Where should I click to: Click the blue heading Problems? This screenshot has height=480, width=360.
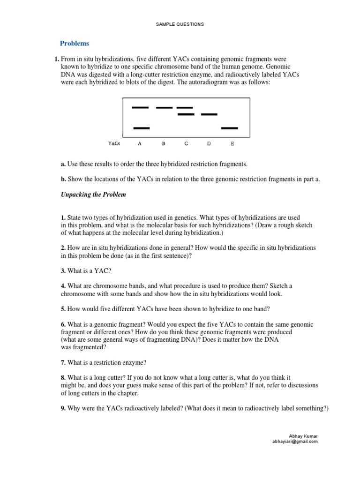pos(74,44)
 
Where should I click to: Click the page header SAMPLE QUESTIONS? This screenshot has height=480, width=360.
pos(180,24)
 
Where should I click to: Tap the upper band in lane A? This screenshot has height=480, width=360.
pos(140,107)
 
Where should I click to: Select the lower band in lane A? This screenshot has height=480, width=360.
pos(142,128)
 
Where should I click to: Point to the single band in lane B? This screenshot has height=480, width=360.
pos(164,107)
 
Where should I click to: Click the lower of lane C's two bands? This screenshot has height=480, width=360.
pos(186,114)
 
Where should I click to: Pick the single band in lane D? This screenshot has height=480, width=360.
pos(209,114)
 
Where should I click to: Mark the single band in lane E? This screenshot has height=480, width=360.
pos(230,128)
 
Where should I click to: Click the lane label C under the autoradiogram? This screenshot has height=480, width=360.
pos(186,144)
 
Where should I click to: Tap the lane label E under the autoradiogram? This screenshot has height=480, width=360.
pos(232,144)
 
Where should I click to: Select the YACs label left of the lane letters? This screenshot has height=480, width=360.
pos(114,144)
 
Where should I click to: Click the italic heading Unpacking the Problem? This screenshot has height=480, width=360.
pos(93,195)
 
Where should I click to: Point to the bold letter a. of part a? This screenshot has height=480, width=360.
pos(63,164)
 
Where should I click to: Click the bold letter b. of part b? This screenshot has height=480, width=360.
pos(63,179)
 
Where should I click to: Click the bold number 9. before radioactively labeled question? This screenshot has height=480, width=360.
pos(63,408)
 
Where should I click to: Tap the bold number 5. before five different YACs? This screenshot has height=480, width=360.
pos(63,309)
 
